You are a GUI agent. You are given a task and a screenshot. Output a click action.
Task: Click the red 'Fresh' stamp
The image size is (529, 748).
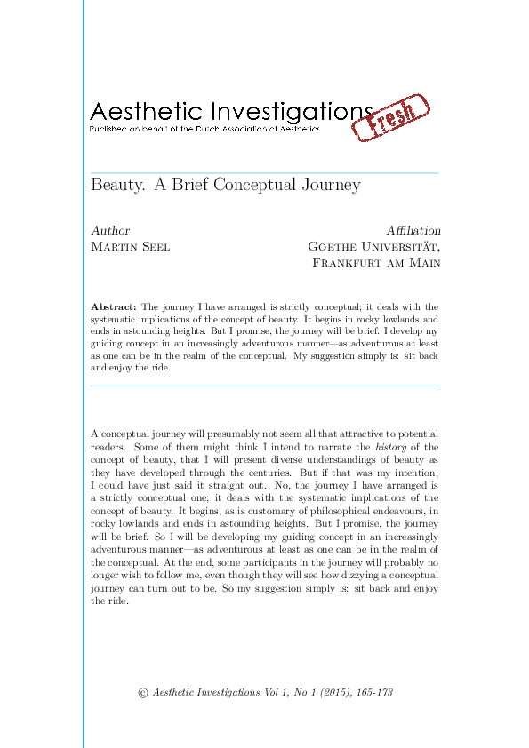point(391,118)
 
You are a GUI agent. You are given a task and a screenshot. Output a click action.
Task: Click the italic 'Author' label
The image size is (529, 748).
point(110,231)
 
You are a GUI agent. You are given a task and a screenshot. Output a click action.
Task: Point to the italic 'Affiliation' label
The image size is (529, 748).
point(413,231)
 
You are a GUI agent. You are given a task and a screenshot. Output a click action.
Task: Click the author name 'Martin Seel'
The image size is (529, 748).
point(130,247)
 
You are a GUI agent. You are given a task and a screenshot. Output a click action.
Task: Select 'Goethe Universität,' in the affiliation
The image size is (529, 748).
point(373,247)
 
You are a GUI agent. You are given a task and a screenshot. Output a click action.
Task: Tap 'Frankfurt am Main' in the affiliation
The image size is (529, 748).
point(376,263)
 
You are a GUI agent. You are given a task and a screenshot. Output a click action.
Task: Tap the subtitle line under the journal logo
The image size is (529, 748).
point(204,130)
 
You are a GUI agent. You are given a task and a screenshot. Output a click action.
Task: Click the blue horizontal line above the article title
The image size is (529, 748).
point(265,171)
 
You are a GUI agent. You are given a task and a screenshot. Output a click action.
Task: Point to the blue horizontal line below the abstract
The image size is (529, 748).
point(265,386)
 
